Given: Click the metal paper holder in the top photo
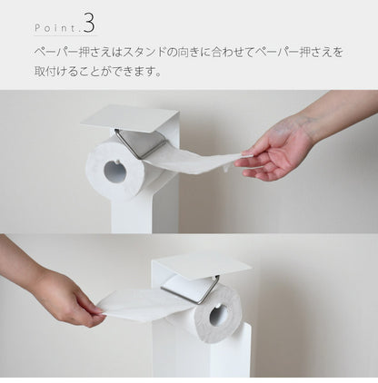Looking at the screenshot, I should click(x=141, y=141).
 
